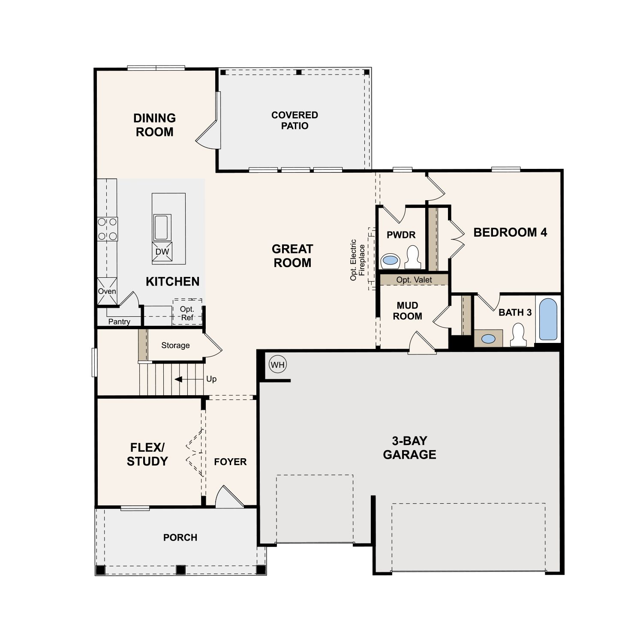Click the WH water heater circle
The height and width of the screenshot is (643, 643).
tap(278, 365)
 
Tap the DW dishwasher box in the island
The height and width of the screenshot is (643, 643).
tap(162, 252)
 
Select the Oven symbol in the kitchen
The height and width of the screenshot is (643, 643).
tap(107, 291)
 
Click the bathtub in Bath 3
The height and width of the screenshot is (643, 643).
tap(548, 319)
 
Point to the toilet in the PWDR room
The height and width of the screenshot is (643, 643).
tap(413, 257)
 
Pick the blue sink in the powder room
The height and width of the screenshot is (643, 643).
tap(390, 260)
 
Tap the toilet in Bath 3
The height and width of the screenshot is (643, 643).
tap(518, 335)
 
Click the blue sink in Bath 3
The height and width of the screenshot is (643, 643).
tap(488, 339)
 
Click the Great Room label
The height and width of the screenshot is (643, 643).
tap(292, 256)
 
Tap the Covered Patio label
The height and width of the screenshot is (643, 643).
tap(294, 120)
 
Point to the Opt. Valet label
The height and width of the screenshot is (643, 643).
tap(414, 280)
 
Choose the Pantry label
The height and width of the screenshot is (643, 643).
tap(119, 321)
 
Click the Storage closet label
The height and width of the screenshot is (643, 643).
tap(175, 346)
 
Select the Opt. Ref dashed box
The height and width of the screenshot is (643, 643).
tap(187, 312)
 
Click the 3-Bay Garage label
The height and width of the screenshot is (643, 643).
tap(409, 448)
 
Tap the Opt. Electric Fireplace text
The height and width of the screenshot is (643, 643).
tap(358, 260)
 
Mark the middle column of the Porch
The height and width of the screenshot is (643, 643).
tap(181, 570)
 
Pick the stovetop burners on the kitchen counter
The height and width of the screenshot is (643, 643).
tap(107, 229)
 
